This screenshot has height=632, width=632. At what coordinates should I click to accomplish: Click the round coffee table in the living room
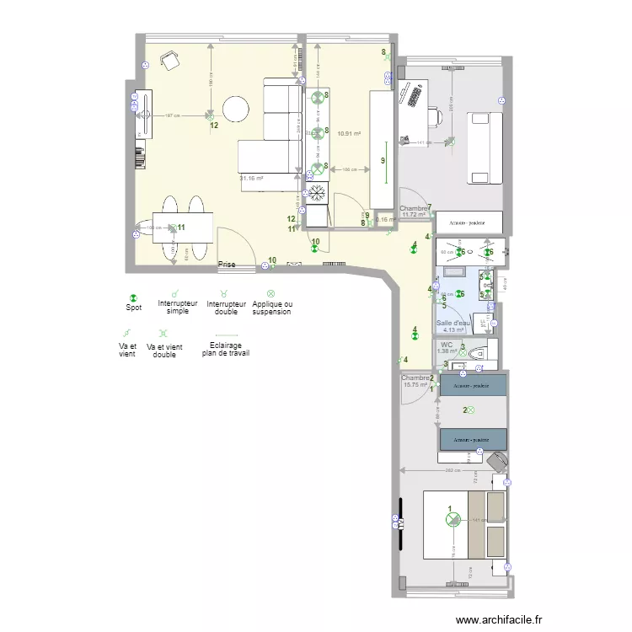235,108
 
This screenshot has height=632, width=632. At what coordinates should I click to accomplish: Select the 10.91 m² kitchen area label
349,133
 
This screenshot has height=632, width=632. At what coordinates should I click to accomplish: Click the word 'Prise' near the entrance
227,265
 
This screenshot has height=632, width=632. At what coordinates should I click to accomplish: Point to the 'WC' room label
447,345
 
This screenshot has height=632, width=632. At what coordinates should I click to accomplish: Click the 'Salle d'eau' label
453,323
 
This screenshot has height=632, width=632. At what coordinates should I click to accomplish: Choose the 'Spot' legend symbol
132,298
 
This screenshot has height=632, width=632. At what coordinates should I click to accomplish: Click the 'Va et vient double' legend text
165,351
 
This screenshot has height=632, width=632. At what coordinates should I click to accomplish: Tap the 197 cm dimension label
171,115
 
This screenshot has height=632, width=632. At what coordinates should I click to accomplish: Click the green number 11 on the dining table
181,228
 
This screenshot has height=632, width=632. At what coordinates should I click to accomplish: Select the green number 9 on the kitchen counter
383,160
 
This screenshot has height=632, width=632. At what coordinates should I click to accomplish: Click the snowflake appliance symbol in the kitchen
318,193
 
